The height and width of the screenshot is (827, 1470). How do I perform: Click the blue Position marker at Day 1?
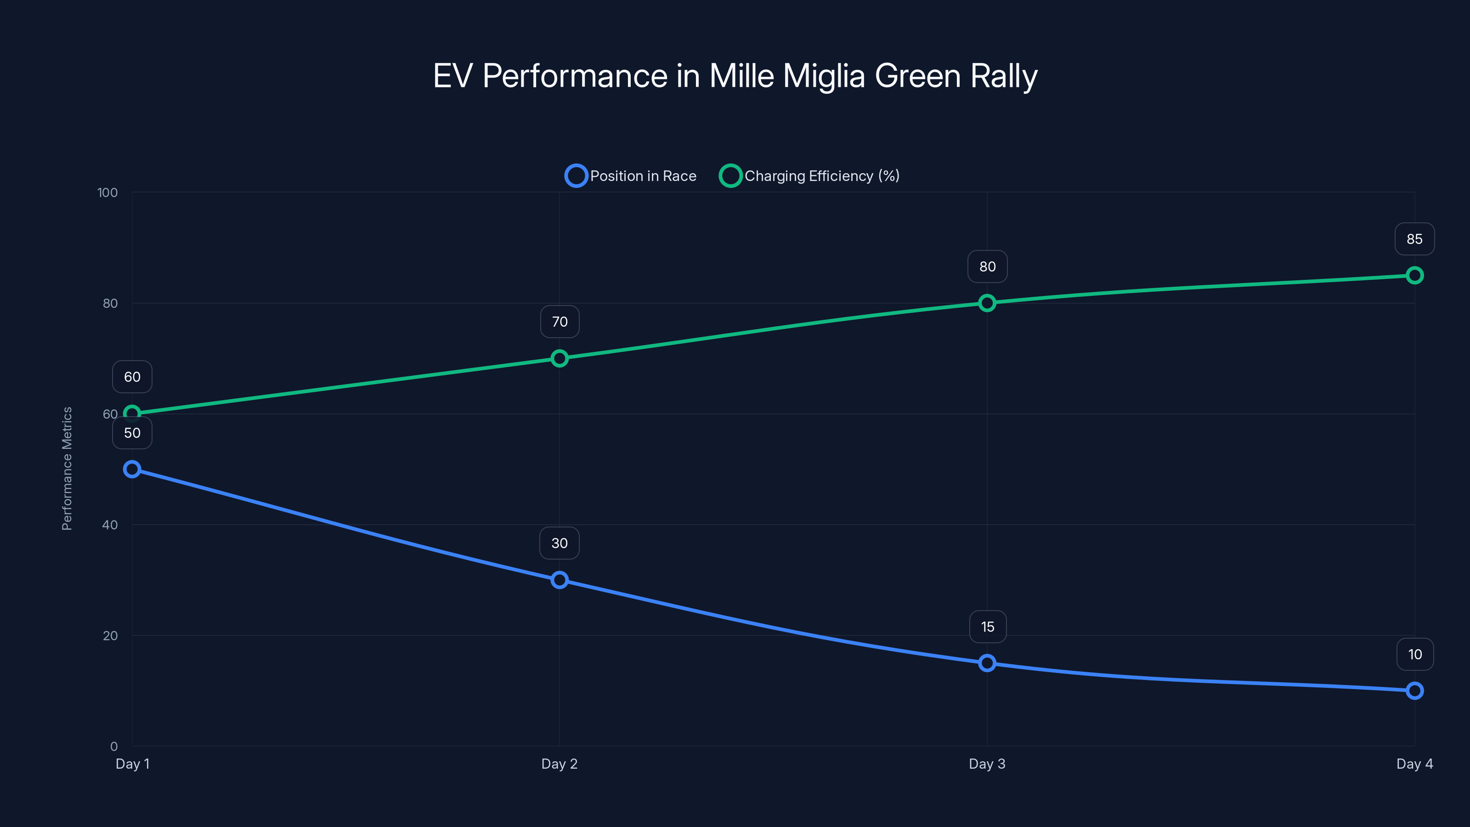(132, 469)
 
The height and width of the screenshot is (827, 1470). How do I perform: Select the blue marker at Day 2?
(559, 580)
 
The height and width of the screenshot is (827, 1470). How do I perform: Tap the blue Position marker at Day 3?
(987, 663)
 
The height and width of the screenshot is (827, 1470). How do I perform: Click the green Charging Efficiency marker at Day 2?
(559, 358)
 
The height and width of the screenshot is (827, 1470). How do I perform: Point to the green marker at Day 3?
(987, 303)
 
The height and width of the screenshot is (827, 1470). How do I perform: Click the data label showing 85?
(1414, 239)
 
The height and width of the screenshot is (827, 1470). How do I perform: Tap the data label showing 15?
(987, 627)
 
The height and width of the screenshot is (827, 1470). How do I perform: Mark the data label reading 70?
(559, 322)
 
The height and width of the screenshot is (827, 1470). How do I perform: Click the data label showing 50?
(132, 433)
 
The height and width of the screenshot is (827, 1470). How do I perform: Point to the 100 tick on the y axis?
(107, 193)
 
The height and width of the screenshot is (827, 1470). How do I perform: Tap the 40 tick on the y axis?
(110, 525)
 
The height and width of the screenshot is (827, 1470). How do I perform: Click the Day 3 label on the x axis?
(987, 764)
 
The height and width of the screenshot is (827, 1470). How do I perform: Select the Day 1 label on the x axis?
(132, 764)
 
